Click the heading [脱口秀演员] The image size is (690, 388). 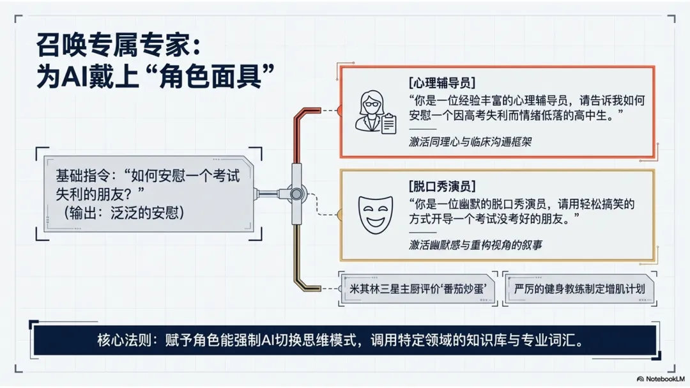pyautogui.click(x=441, y=186)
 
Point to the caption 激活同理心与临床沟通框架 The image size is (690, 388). pyautogui.click(x=470, y=142)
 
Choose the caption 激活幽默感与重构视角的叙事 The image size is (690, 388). pyautogui.click(x=475, y=245)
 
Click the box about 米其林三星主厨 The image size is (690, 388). pyautogui.click(x=419, y=288)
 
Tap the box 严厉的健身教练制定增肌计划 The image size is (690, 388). pyautogui.click(x=579, y=288)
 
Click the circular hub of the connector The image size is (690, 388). pyautogui.click(x=296, y=192)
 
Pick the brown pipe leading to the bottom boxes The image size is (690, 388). pyautogui.click(x=298, y=256)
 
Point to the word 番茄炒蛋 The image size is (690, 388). pyautogui.click(x=468, y=288)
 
